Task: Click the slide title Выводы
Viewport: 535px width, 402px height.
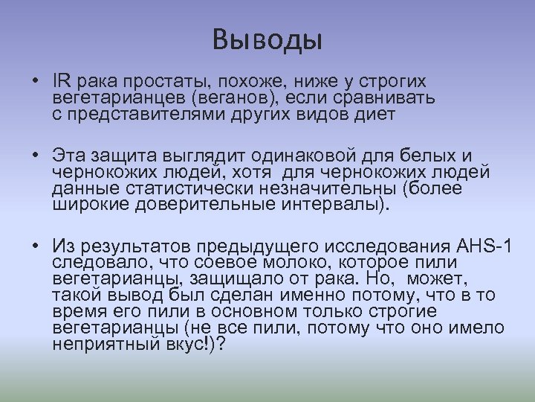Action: (x=267, y=39)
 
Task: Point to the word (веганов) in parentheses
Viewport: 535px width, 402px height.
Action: (x=232, y=98)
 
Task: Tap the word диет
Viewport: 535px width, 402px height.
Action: (x=377, y=115)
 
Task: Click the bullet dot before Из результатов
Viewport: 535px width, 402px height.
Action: (x=36, y=246)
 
